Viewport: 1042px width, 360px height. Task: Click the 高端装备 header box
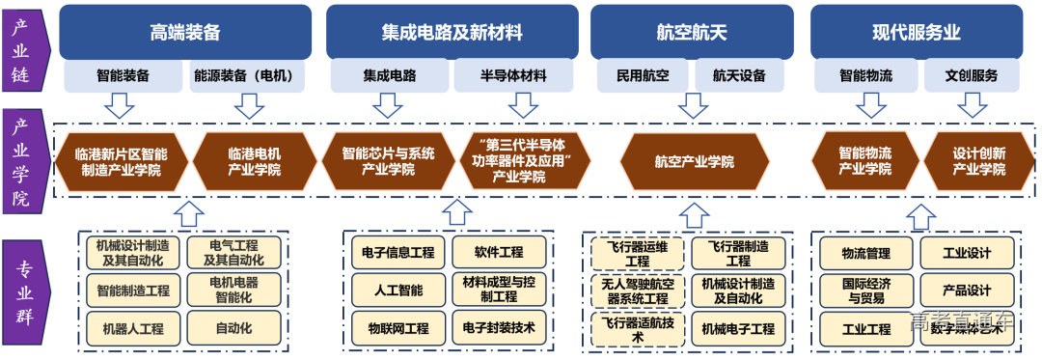pyautogui.click(x=185, y=32)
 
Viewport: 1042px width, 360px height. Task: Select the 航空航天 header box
pyautogui.click(x=692, y=32)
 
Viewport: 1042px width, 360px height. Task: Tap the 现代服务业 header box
pyautogui.click(x=916, y=32)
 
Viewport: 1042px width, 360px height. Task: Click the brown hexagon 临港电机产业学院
pyautogui.click(x=255, y=161)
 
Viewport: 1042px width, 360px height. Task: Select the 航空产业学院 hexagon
pyautogui.click(x=694, y=161)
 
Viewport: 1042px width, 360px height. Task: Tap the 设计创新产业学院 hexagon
pyautogui.click(x=978, y=161)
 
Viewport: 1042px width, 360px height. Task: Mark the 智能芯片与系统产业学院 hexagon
pyautogui.click(x=388, y=161)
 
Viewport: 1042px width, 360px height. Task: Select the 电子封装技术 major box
pyautogui.click(x=499, y=328)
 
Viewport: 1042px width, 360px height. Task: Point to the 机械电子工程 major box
pyautogui.click(x=738, y=329)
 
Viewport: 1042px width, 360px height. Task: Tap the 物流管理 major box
pyautogui.click(x=865, y=253)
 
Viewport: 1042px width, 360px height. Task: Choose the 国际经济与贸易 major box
pyautogui.click(x=865, y=290)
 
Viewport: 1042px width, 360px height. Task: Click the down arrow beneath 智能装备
pyautogui.click(x=122, y=104)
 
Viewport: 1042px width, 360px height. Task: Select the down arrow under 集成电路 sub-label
pyautogui.click(x=389, y=104)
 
